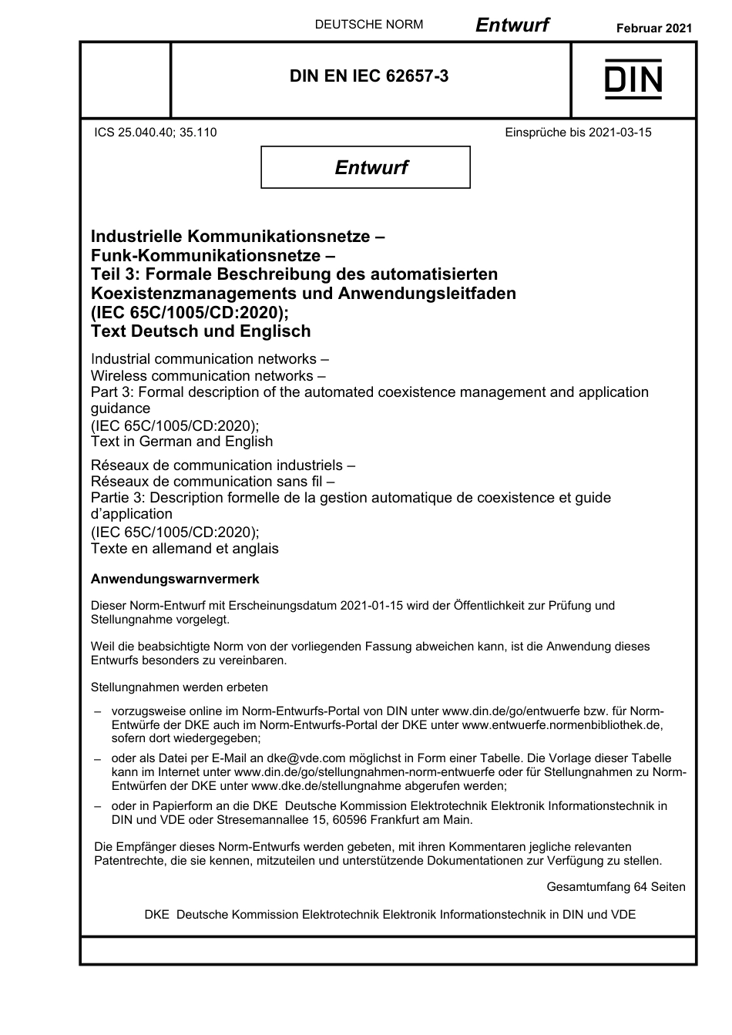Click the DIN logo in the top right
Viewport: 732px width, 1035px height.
633,79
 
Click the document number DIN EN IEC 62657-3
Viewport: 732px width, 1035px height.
369,76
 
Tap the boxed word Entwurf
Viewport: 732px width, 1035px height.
371,167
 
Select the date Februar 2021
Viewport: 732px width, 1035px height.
654,28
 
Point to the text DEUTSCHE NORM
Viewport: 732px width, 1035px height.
369,25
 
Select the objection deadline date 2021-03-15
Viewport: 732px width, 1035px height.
620,133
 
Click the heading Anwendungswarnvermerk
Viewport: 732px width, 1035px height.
175,579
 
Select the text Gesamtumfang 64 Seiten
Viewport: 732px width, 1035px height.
616,887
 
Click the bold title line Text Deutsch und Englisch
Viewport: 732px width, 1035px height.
201,331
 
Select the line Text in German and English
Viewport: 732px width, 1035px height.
182,442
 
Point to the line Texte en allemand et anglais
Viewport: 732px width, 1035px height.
185,549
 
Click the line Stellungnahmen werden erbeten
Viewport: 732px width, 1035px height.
180,687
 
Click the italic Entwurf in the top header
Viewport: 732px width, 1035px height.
512,25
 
